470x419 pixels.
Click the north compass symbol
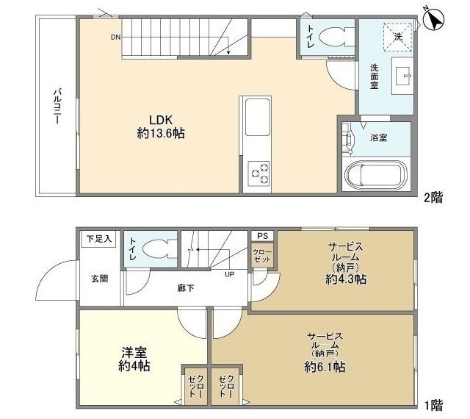[434, 19]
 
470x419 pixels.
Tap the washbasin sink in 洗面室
[403, 76]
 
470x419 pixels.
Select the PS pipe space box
[262, 236]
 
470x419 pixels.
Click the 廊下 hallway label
[186, 288]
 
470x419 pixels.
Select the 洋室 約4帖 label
[135, 358]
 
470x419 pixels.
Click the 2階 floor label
[433, 197]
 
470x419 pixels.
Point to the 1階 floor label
[433, 404]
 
